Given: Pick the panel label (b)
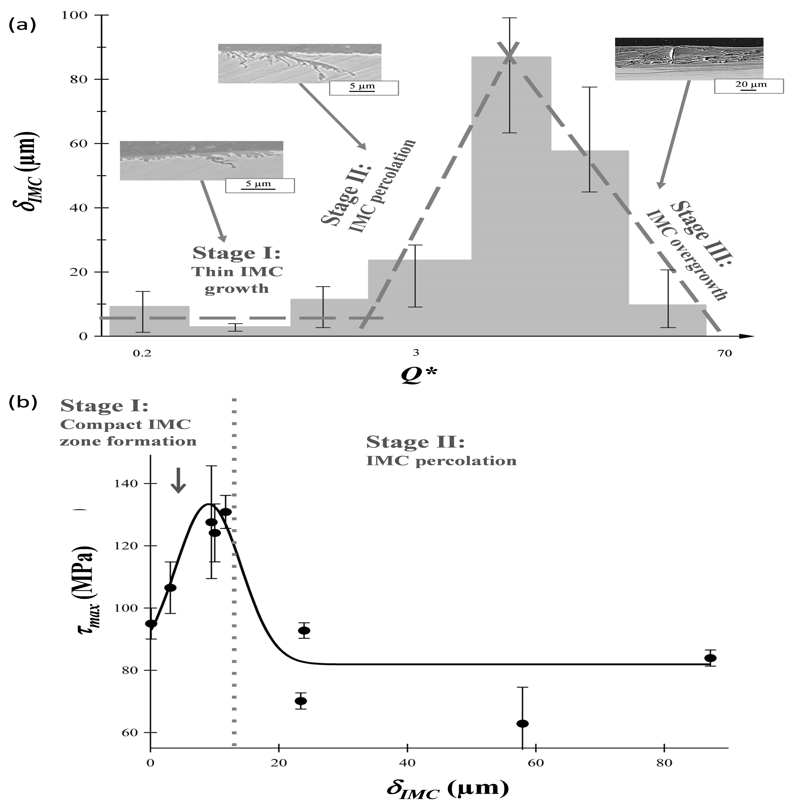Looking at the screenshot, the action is coord(23,402).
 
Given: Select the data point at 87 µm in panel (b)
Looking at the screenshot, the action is coord(710,658).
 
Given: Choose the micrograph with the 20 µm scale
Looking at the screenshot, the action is coord(689,59).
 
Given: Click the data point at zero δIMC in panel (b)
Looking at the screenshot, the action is coord(151,624).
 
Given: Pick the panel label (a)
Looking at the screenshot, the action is coord(23,25).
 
